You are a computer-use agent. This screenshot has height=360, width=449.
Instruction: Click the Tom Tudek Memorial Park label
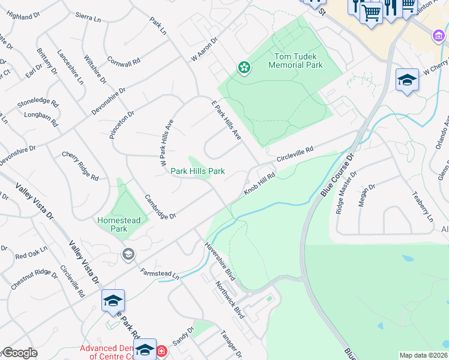point(298,61)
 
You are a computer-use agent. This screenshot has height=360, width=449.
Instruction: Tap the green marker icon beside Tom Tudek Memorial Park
point(244,68)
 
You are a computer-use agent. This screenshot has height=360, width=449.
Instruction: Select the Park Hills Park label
point(198,171)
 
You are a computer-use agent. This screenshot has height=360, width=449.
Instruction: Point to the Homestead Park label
point(119,224)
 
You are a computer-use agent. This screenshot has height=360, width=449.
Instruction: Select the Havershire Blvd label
point(220,260)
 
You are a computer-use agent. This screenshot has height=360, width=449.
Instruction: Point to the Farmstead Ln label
point(159,274)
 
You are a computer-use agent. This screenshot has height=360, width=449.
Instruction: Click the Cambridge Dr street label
point(160,207)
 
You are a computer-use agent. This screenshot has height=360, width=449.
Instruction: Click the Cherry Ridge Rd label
point(80,166)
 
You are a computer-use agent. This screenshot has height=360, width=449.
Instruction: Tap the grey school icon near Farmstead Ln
point(127,254)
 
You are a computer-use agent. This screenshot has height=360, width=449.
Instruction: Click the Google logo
point(19,353)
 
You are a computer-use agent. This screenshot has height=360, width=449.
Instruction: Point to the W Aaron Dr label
point(203,49)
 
